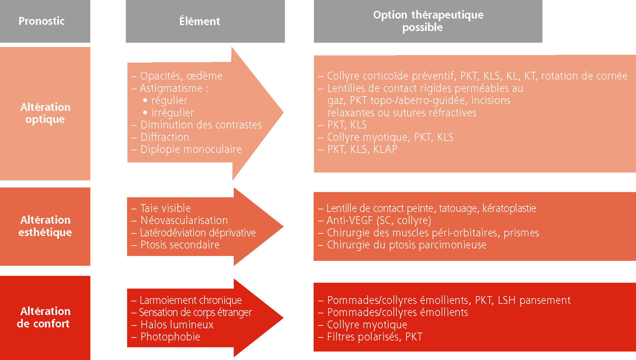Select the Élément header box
205,21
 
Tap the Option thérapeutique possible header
428,21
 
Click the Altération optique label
45,113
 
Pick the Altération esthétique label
45,226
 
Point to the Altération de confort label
44,317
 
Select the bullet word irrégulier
173,113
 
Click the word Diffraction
165,137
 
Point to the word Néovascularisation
184,220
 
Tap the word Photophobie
170,337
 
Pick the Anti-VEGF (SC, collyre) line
375,221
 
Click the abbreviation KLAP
385,149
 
